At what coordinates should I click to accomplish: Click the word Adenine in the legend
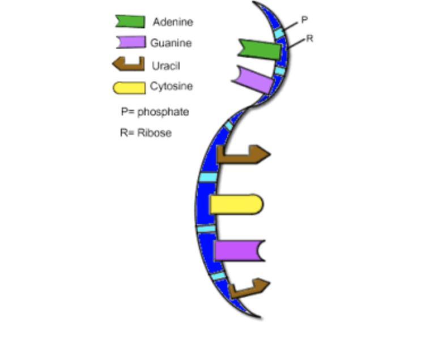coord(173,22)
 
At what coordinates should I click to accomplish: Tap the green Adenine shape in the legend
coord(130,22)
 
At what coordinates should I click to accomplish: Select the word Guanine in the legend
coord(171,43)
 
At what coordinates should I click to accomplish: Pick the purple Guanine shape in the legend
coord(131,42)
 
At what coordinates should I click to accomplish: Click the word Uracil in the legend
coord(165,66)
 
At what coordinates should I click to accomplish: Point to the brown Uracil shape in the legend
coord(129,64)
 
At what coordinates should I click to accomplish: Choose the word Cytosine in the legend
coord(171,87)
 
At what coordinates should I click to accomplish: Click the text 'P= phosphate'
coord(154,112)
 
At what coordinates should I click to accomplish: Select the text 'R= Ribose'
coord(145,133)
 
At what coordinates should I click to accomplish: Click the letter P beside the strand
coord(304,20)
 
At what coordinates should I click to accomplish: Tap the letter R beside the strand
coord(309,39)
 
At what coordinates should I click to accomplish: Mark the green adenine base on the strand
coord(260,49)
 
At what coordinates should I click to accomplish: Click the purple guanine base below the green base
coord(253,79)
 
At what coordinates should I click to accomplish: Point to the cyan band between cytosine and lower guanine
coord(207,229)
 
